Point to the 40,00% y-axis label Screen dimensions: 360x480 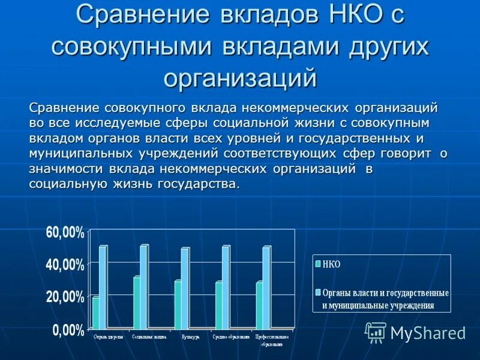point(65,265)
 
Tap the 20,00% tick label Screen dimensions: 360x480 point(65,296)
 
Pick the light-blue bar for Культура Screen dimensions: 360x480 point(185,288)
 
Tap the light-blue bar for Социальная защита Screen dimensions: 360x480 point(143,286)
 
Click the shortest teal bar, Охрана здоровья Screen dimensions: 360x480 point(96,312)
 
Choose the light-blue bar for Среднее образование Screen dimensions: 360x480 point(226,287)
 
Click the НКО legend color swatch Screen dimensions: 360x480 point(317,263)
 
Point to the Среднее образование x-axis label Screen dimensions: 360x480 point(231,337)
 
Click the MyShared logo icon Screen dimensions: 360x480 point(376,332)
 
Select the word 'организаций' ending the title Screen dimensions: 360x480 point(239,77)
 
